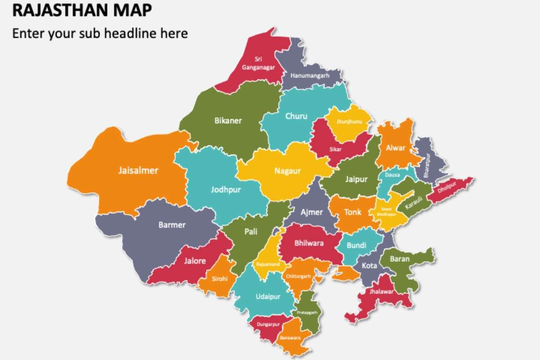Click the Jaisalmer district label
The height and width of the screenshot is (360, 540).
tap(138, 171)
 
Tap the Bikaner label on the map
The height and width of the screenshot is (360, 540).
tap(228, 121)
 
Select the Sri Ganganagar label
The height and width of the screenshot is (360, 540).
tap(258, 63)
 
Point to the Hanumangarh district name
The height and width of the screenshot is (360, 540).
tap(310, 76)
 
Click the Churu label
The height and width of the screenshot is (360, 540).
tap(296, 116)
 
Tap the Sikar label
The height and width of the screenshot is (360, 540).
tap(335, 149)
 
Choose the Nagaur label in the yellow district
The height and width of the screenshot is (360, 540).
tap(287, 171)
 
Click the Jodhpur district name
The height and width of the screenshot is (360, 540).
tap(226, 189)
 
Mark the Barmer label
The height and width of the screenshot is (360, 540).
tap(172, 225)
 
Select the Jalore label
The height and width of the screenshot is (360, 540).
tap(195, 261)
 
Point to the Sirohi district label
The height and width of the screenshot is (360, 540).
tap(220, 279)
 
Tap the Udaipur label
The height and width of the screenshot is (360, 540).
tap(268, 297)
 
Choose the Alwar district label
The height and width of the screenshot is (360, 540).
tap(396, 148)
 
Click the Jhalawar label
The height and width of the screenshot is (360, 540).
tap(381, 292)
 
